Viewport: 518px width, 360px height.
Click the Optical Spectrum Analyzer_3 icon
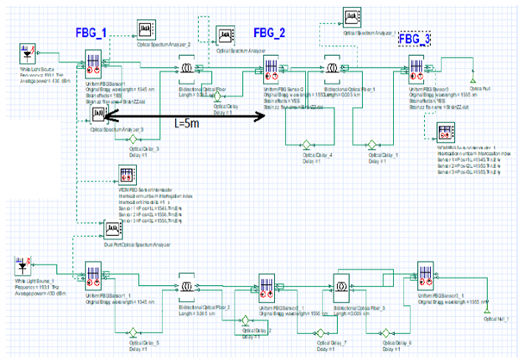pos(99,115)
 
